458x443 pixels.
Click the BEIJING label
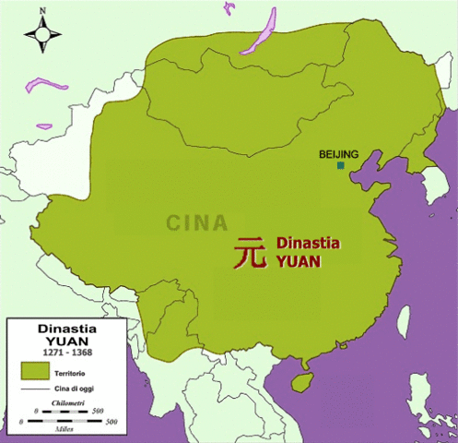click(x=338, y=154)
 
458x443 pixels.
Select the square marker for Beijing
click(x=341, y=165)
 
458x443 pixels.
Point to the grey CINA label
click(x=198, y=222)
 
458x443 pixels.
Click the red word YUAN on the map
click(x=297, y=260)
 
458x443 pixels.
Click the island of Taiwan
click(x=404, y=320)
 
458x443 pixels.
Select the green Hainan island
click(x=301, y=379)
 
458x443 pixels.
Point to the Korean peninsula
click(x=430, y=189)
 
